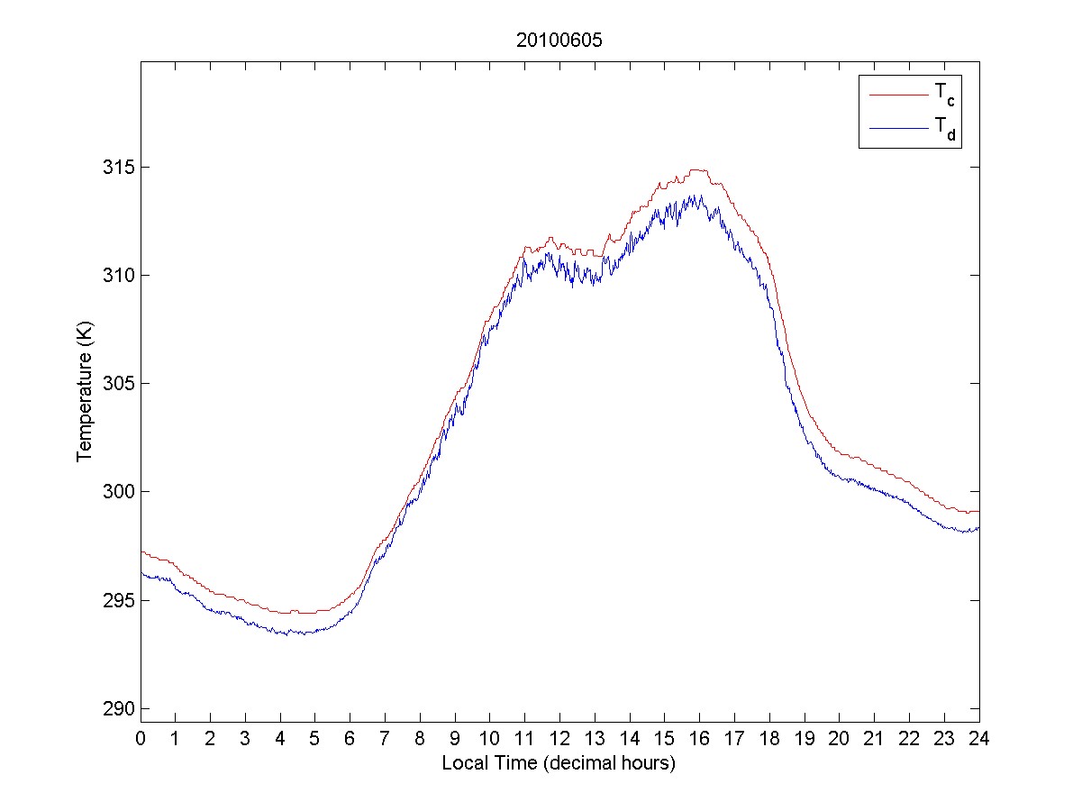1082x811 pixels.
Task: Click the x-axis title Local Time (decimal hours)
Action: click(559, 763)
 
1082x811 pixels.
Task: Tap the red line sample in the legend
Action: click(897, 93)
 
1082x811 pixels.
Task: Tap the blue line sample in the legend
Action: click(897, 129)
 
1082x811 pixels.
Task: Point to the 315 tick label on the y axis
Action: click(116, 168)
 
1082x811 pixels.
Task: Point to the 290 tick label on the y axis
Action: click(116, 708)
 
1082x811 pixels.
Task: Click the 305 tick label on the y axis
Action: click(116, 384)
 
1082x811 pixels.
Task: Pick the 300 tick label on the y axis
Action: click(116, 492)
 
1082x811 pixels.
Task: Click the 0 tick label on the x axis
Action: click(141, 738)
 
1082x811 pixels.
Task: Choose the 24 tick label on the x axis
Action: click(979, 738)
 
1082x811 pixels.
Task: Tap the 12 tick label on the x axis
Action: click(559, 738)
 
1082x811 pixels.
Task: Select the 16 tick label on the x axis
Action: click(699, 738)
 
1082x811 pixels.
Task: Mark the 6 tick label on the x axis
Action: click(350, 738)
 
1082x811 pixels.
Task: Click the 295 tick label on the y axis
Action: click(116, 600)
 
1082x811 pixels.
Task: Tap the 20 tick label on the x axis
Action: click(839, 738)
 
